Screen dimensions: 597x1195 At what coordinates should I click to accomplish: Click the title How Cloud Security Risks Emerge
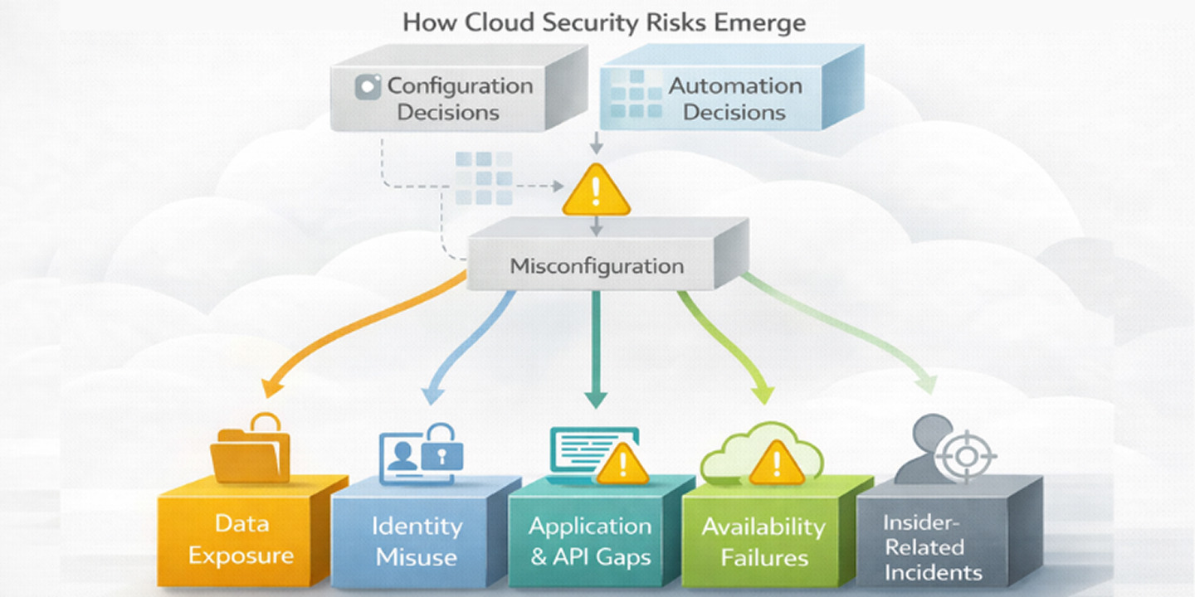(603, 22)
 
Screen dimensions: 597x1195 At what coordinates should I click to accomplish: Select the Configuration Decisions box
(448, 98)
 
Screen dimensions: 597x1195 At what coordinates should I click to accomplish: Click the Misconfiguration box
(597, 266)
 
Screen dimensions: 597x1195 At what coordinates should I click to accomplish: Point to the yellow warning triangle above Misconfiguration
(595, 192)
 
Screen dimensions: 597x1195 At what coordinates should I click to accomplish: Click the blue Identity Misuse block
(417, 540)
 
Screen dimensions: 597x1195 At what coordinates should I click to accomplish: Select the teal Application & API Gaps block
(591, 540)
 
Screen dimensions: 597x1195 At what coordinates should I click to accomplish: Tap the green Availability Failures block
(763, 540)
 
